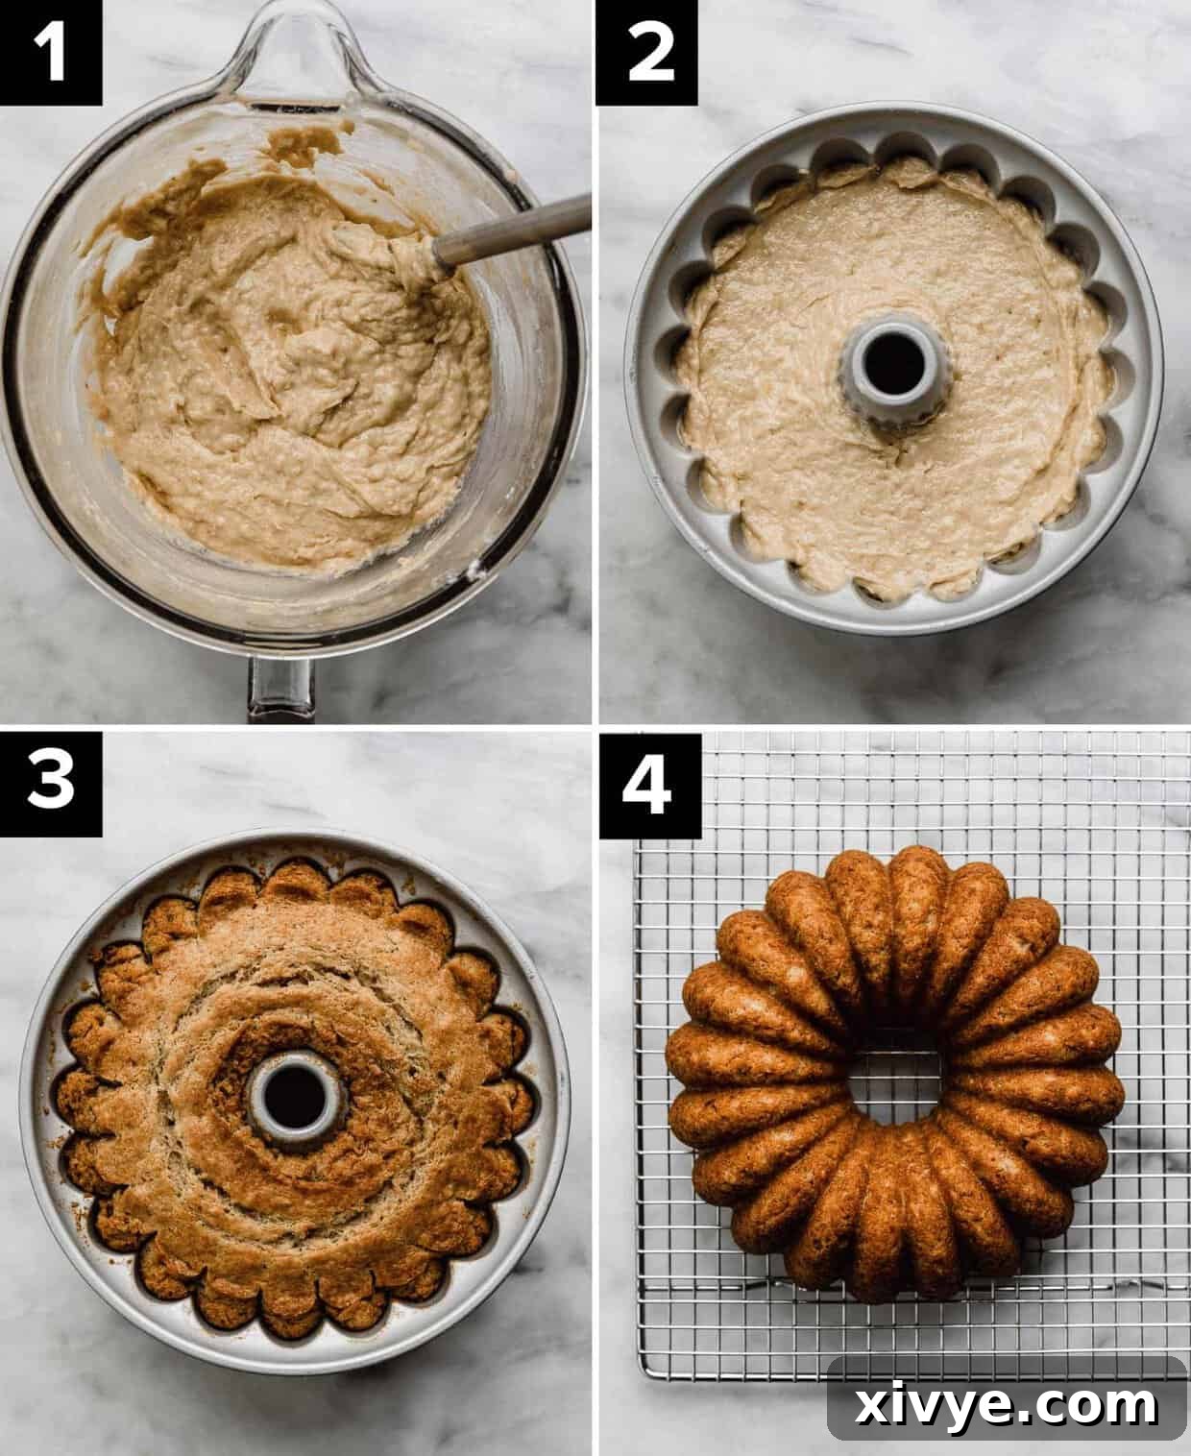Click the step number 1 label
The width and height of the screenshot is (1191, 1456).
[x=50, y=52]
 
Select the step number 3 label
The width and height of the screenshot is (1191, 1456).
[x=50, y=783]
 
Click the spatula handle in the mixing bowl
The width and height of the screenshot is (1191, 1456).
[x=519, y=229]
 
